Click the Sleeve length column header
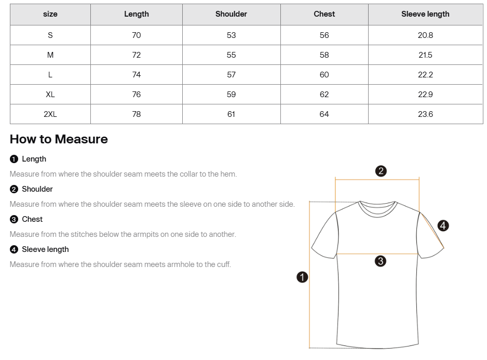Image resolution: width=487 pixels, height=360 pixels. click(425, 14)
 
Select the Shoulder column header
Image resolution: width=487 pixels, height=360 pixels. click(231, 14)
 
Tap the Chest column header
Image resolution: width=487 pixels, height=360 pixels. click(324, 14)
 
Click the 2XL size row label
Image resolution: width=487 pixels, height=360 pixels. click(50, 114)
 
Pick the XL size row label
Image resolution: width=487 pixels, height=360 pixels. click(50, 94)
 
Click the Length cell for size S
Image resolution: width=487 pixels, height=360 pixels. click(136, 35)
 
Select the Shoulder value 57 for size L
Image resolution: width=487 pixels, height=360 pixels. click(231, 74)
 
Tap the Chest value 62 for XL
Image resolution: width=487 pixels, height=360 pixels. click(324, 94)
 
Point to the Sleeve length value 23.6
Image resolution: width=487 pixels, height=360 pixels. click(425, 114)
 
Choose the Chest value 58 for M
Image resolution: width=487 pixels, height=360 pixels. click(324, 55)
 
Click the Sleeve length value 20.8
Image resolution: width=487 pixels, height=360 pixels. click(425, 35)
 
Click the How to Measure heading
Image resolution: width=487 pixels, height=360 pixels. click(59, 139)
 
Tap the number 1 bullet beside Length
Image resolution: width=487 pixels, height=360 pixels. click(14, 159)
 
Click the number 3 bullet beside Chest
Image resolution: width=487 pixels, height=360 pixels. click(14, 219)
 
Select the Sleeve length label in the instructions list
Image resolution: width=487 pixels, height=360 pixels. click(45, 249)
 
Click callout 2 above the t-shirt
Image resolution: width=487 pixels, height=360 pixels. click(381, 171)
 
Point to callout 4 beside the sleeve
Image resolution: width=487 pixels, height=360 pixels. click(443, 225)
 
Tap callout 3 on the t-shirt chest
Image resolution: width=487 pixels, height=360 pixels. click(380, 261)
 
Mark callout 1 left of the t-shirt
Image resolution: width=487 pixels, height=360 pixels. click(302, 277)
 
